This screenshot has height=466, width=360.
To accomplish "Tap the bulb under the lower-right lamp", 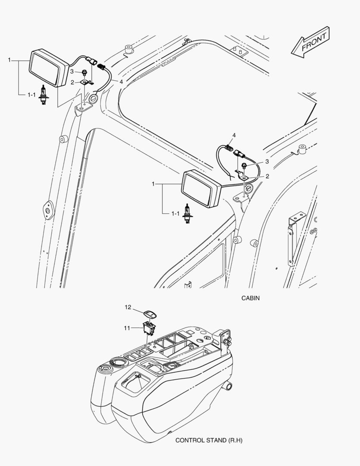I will [x=187, y=213].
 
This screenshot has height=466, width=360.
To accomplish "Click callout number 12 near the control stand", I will [x=128, y=307].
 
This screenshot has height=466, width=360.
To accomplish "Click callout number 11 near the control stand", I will [x=128, y=328].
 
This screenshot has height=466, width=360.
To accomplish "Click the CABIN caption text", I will [x=250, y=298].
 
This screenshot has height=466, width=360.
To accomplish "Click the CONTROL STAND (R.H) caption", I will [x=206, y=441].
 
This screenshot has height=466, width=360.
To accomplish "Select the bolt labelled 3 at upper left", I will [x=85, y=72].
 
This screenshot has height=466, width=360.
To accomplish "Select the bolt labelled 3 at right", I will [x=244, y=165].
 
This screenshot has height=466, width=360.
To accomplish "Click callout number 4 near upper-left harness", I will [x=121, y=81].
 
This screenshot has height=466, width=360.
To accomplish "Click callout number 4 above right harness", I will [x=234, y=135].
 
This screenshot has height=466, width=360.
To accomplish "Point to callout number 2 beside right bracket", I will [x=267, y=176].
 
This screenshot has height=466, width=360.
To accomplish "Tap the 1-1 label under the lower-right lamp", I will [x=175, y=213].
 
